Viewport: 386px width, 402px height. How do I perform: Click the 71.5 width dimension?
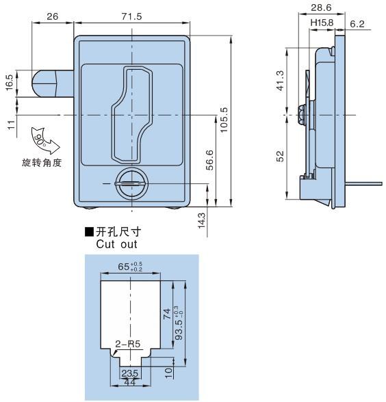click(131, 16)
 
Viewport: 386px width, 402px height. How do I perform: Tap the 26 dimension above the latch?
click(53, 16)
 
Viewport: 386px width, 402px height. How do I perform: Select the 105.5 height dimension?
click(224, 120)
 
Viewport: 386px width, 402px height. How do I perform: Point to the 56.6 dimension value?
click(209, 160)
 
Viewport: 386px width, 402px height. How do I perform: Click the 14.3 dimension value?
click(202, 220)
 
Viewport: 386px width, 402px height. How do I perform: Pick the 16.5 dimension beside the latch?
click(10, 83)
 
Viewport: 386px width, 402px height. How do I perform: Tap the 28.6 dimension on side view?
click(321, 8)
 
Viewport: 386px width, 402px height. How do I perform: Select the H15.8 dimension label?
click(322, 23)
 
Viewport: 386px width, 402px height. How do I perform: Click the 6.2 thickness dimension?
click(357, 24)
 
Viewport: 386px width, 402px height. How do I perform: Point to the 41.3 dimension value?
click(281, 81)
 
